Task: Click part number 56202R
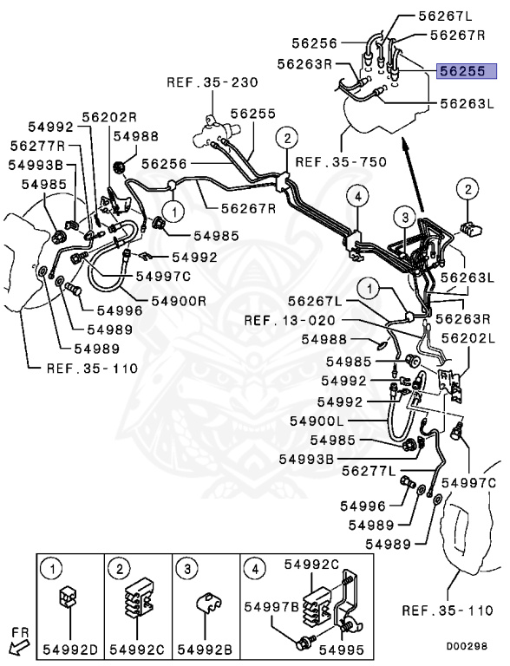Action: pyautogui.click(x=110, y=117)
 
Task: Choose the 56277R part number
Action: pyautogui.click(x=38, y=146)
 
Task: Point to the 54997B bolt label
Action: pyautogui.click(x=271, y=605)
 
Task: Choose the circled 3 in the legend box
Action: pyautogui.click(x=188, y=569)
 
